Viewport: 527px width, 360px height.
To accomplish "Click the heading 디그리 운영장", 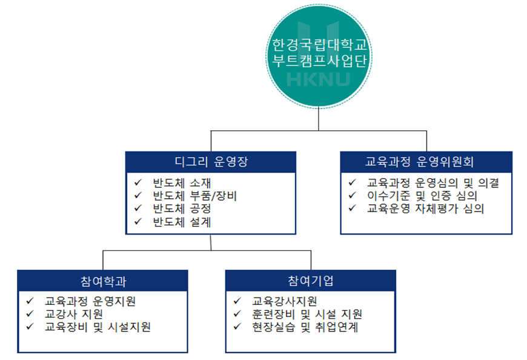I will click(x=211, y=162).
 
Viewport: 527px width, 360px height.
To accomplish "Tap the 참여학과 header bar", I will click(x=102, y=281).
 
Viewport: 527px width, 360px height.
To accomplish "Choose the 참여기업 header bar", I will click(x=311, y=281).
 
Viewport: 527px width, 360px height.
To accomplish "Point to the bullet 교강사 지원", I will click(x=73, y=314).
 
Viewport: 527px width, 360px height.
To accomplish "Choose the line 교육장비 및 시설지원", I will click(x=98, y=327).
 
